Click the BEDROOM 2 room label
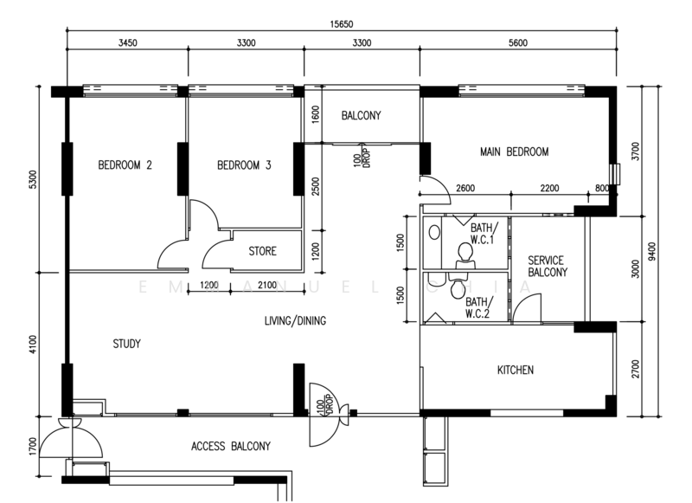[125, 165]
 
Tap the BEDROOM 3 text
[244, 165]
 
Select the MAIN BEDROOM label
[514, 152]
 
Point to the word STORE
[262, 252]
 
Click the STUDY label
[126, 344]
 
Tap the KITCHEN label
[515, 371]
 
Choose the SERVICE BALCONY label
[547, 267]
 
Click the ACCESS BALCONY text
[230, 447]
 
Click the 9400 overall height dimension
[662, 250]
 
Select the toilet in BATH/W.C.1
[465, 252]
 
